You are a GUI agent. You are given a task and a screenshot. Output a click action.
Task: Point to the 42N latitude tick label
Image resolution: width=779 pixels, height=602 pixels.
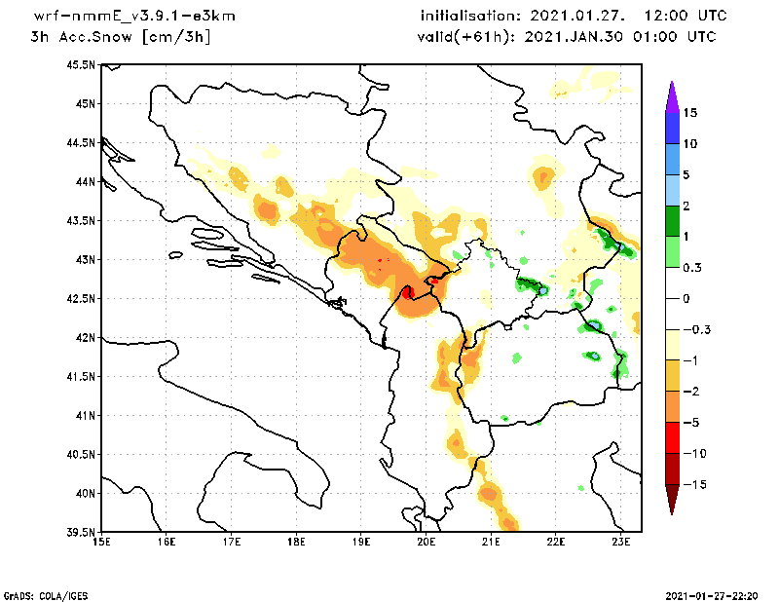84,338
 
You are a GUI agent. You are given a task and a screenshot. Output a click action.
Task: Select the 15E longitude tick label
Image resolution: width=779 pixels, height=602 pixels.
100,543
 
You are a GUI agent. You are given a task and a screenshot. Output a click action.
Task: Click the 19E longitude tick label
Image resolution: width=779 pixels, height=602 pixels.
361,543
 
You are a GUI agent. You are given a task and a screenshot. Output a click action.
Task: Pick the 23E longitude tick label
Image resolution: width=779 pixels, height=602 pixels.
622,543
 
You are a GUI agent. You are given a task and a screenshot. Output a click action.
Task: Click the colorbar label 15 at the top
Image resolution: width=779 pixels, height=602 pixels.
689,113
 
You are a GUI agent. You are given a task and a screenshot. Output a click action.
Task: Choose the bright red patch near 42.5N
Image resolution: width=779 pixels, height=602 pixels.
408,291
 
